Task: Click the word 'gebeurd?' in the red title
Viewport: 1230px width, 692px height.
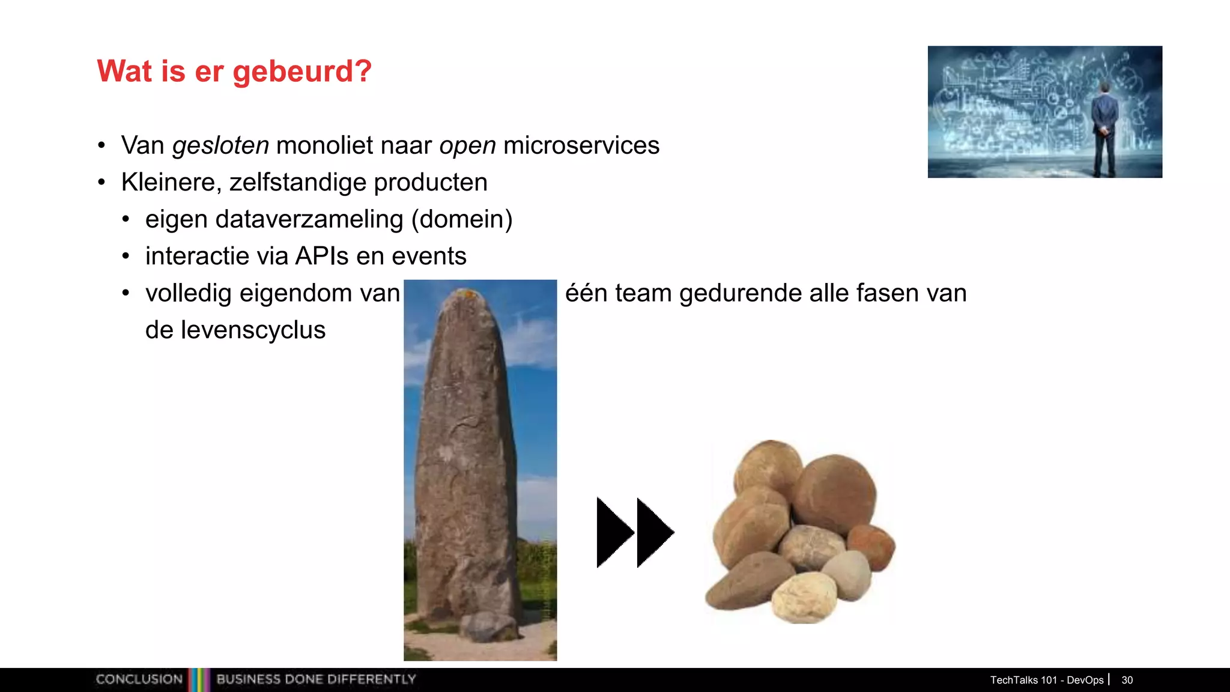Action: [302, 72]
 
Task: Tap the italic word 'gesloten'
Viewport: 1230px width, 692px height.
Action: [220, 146]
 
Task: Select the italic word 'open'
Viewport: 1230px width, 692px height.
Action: [467, 146]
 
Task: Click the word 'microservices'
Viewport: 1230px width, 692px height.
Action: [581, 145]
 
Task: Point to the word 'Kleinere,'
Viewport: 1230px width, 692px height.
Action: [171, 183]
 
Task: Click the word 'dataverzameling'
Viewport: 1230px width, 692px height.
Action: [309, 219]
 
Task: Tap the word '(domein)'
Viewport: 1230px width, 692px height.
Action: [461, 219]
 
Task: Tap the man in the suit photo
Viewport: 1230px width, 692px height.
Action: [1104, 129]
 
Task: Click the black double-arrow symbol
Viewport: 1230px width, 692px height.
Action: [635, 532]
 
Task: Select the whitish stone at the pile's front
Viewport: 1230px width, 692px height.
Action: [803, 597]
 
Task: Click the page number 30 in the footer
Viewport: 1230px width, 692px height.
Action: [1127, 680]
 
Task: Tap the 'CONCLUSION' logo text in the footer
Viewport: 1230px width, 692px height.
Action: [139, 679]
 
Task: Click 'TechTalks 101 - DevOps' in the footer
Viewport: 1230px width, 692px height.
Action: [1046, 680]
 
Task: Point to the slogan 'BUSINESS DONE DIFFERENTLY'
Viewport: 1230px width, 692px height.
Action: [316, 679]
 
